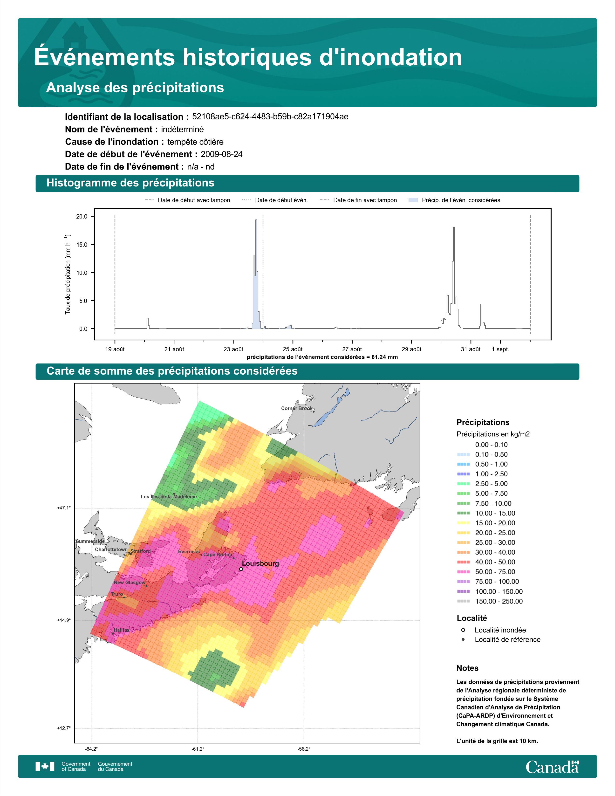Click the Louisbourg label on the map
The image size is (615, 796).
(x=260, y=563)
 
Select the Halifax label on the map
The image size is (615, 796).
(x=121, y=630)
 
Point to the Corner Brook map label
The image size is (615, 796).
(x=297, y=408)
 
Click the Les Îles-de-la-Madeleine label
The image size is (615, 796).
(x=169, y=496)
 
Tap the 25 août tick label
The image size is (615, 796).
(x=293, y=349)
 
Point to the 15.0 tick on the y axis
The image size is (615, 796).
(x=82, y=245)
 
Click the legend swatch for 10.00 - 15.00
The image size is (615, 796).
(x=463, y=513)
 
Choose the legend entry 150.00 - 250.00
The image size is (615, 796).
(x=499, y=601)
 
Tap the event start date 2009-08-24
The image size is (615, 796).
(x=221, y=154)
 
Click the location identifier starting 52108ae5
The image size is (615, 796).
(x=270, y=117)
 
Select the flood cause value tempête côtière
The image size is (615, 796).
(x=195, y=142)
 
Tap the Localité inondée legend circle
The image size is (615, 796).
(x=463, y=630)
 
